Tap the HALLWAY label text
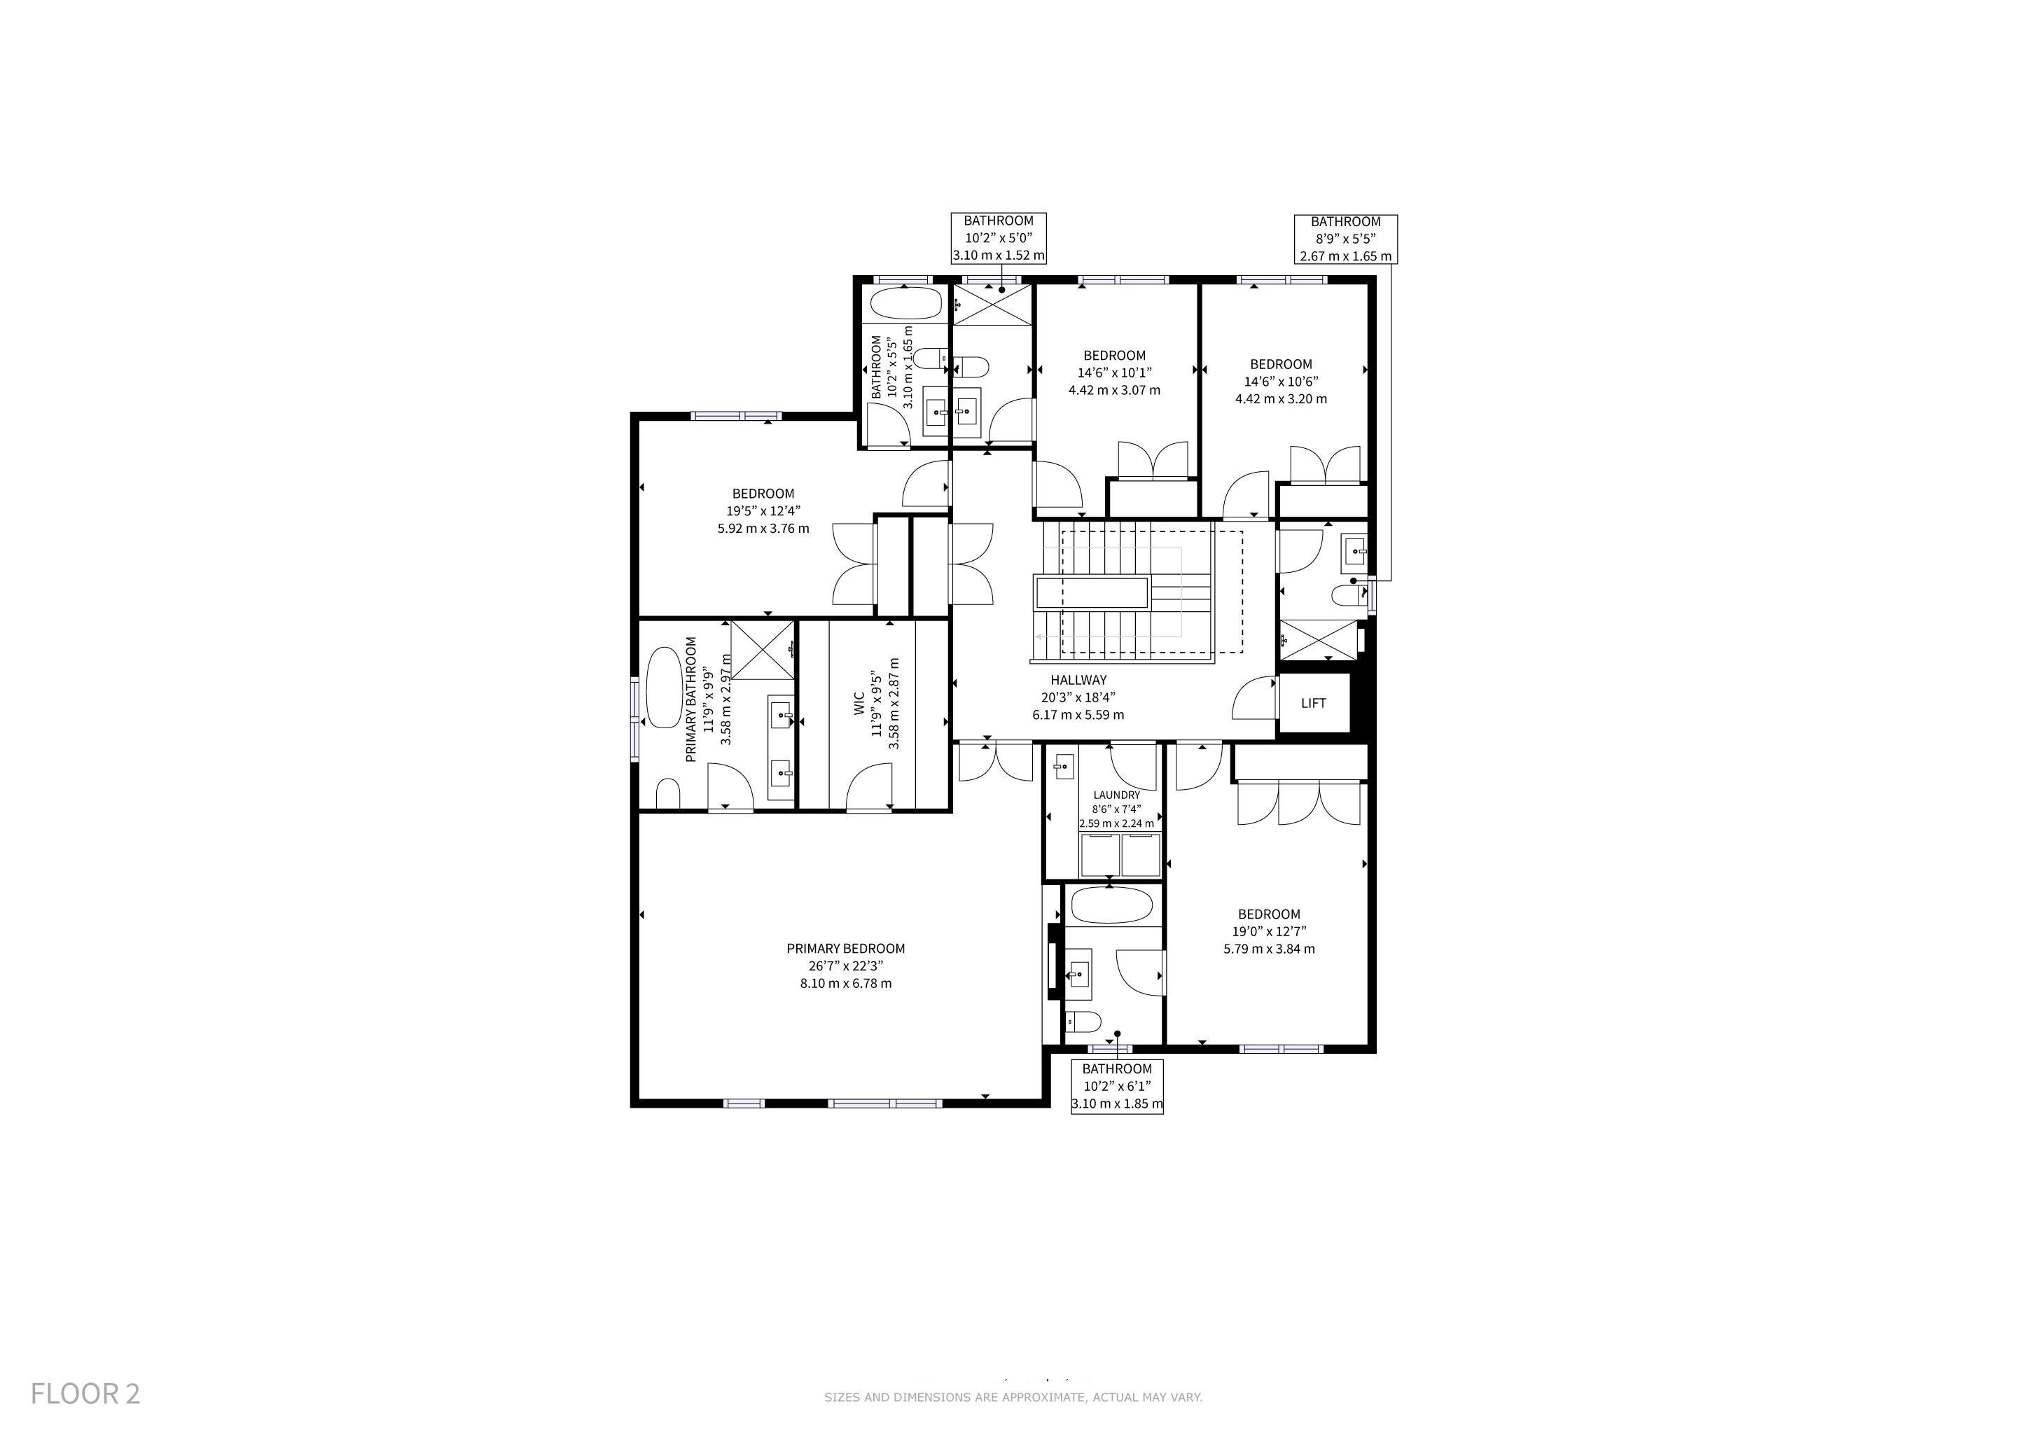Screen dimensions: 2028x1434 [1078, 680]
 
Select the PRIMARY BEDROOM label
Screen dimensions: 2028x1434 [845, 948]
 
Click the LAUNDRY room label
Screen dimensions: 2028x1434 [1116, 795]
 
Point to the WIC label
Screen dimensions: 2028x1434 [859, 704]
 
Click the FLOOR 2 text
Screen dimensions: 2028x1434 [85, 1393]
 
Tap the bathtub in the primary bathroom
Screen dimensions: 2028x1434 [662, 687]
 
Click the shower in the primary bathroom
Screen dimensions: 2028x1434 [763, 650]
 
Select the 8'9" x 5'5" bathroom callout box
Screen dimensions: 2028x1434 [1345, 238]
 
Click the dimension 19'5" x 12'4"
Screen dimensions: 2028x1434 [763, 510]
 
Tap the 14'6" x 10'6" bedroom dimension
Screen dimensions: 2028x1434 [1281, 382]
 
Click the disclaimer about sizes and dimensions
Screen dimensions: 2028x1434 [1013, 1397]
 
